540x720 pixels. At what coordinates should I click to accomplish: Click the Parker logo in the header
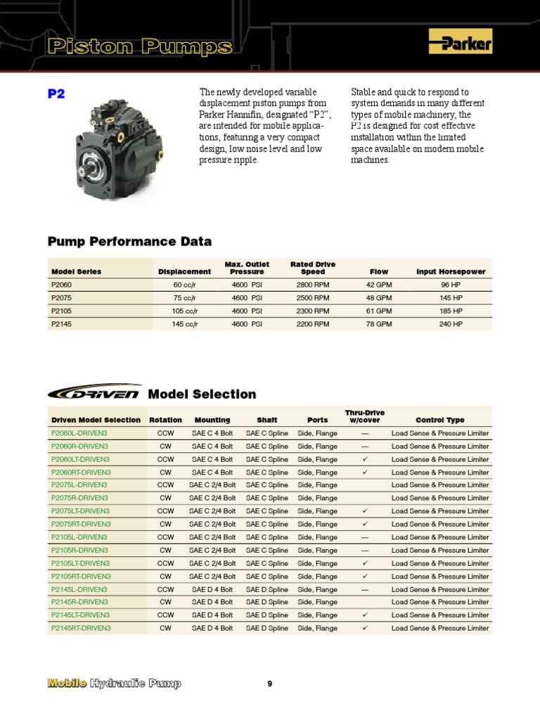(x=460, y=45)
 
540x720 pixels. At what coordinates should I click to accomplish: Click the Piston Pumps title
(x=140, y=47)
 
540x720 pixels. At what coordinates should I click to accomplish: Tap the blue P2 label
(x=56, y=94)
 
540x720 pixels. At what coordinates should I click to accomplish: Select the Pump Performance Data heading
(x=129, y=241)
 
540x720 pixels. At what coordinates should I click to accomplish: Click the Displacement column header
(x=185, y=271)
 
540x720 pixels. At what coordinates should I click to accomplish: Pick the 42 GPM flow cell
(x=379, y=285)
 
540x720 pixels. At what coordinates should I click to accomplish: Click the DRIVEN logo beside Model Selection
(x=95, y=393)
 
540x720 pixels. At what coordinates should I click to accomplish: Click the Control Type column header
(x=440, y=420)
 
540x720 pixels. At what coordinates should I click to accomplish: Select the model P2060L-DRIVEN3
(x=79, y=433)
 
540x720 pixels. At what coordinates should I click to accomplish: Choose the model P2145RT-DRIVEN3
(x=82, y=628)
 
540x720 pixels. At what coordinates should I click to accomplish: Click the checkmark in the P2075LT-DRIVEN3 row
(x=365, y=511)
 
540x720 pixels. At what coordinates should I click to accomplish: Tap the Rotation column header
(x=165, y=420)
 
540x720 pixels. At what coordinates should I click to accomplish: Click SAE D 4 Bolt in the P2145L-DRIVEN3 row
(x=212, y=589)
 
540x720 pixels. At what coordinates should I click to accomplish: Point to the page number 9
(x=270, y=683)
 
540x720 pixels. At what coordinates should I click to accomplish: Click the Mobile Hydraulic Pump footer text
(x=114, y=683)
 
